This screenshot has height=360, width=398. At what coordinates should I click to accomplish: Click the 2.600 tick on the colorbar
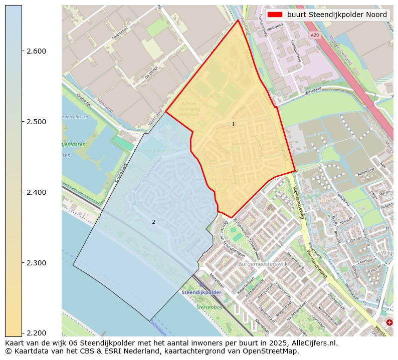pos(36,51)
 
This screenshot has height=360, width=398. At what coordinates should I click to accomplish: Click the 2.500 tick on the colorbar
pos(36,122)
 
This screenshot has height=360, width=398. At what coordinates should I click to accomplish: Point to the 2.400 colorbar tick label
pos(36,192)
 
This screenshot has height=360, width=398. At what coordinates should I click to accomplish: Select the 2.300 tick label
pos(36,263)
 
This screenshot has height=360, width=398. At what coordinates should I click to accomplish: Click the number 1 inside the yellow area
pos(233,124)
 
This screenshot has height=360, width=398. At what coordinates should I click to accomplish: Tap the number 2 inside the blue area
pos(153,222)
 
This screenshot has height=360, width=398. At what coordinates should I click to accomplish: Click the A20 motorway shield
pos(314,35)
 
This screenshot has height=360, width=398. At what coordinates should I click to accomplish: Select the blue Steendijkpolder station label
pos(202,292)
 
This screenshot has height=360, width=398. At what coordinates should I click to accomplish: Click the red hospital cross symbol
pos(389,323)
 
